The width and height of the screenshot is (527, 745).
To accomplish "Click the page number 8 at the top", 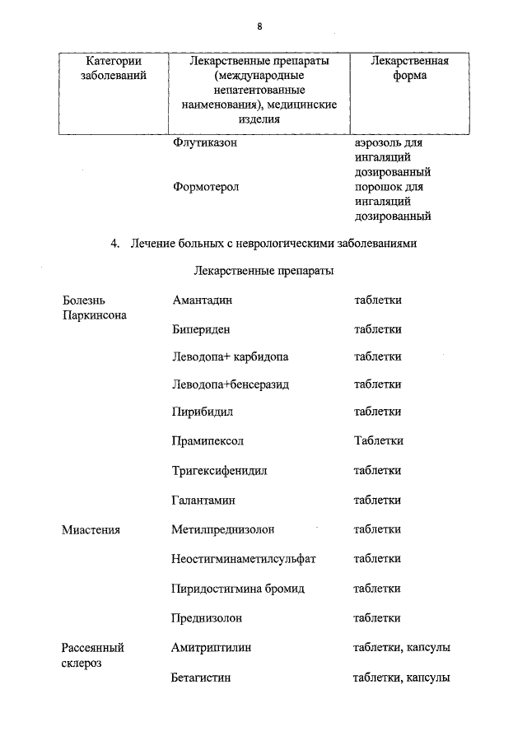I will click(259, 26).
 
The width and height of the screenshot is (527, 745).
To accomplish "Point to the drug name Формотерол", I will click(206, 187).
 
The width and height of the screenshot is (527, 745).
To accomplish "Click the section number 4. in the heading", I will click(115, 243).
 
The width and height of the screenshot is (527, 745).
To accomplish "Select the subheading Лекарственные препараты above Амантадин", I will click(263, 270).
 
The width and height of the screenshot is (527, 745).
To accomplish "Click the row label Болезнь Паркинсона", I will click(94, 307).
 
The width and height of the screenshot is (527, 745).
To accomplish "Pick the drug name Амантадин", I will click(203, 300).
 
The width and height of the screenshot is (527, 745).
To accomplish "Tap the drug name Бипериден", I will click(201, 328).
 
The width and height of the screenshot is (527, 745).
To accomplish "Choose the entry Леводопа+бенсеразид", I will click(231, 384).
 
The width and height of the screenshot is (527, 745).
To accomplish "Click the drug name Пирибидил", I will click(203, 412).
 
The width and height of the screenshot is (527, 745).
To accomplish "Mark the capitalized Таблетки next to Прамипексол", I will click(378, 440).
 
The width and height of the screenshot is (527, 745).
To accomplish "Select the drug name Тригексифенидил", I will click(220, 471).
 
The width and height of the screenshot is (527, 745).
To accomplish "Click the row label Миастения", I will click(91, 529).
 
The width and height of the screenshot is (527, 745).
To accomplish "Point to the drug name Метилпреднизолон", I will click(223, 528).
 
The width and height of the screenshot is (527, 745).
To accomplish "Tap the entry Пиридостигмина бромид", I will click(238, 589).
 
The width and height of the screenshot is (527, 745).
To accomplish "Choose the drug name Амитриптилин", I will click(212, 647).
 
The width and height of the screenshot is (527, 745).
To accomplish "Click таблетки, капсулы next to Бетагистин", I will click(401, 677).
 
